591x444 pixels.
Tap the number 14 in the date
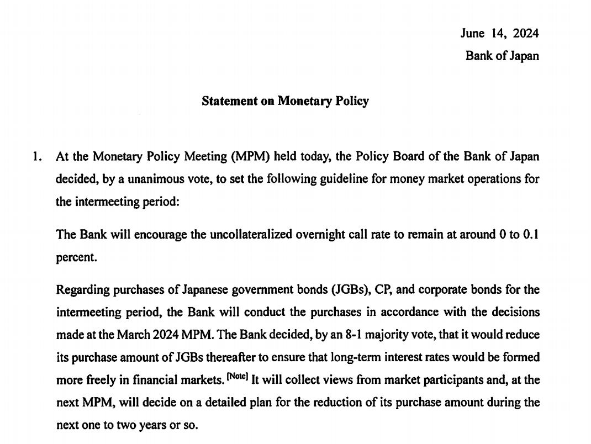tap(499, 33)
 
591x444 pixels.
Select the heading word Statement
tap(228, 101)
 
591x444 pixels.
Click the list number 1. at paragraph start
tap(37, 156)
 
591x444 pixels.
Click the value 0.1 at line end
tap(530, 234)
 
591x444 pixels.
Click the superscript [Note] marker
tap(238, 378)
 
